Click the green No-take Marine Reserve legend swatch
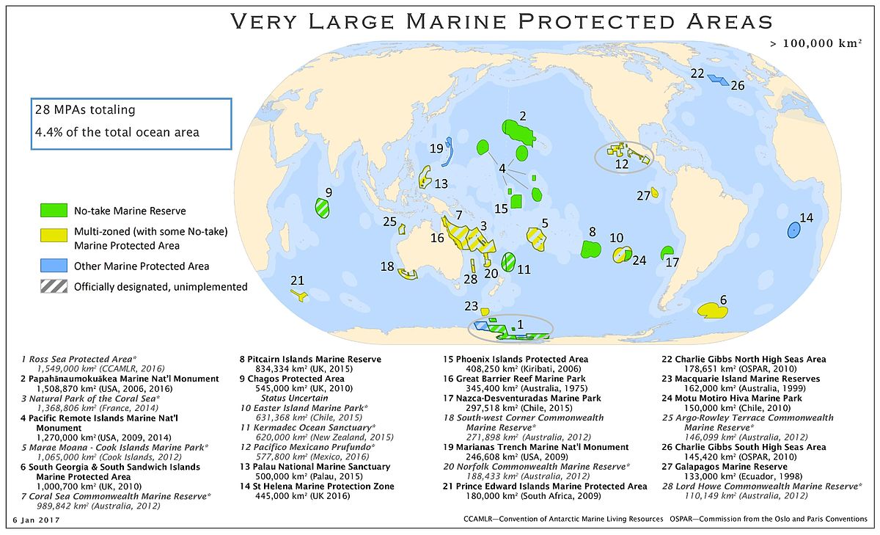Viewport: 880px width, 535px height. coord(54,211)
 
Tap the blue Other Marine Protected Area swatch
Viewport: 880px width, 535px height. coord(54,266)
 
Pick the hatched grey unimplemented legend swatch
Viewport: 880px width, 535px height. coord(54,287)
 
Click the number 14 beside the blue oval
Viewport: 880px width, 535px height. coord(807,217)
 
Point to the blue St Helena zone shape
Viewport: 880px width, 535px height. coord(793,230)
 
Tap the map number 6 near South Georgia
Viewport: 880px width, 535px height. coord(723,299)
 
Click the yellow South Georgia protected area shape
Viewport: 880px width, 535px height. coord(711,310)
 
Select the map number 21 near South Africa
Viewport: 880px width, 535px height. coord(297,280)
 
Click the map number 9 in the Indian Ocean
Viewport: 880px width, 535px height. coord(329,192)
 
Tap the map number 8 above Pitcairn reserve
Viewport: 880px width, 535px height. coord(592,232)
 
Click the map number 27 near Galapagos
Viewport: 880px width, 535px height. coord(643,195)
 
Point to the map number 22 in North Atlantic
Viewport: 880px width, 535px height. coord(697,73)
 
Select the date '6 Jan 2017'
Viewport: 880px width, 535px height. coord(34,520)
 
